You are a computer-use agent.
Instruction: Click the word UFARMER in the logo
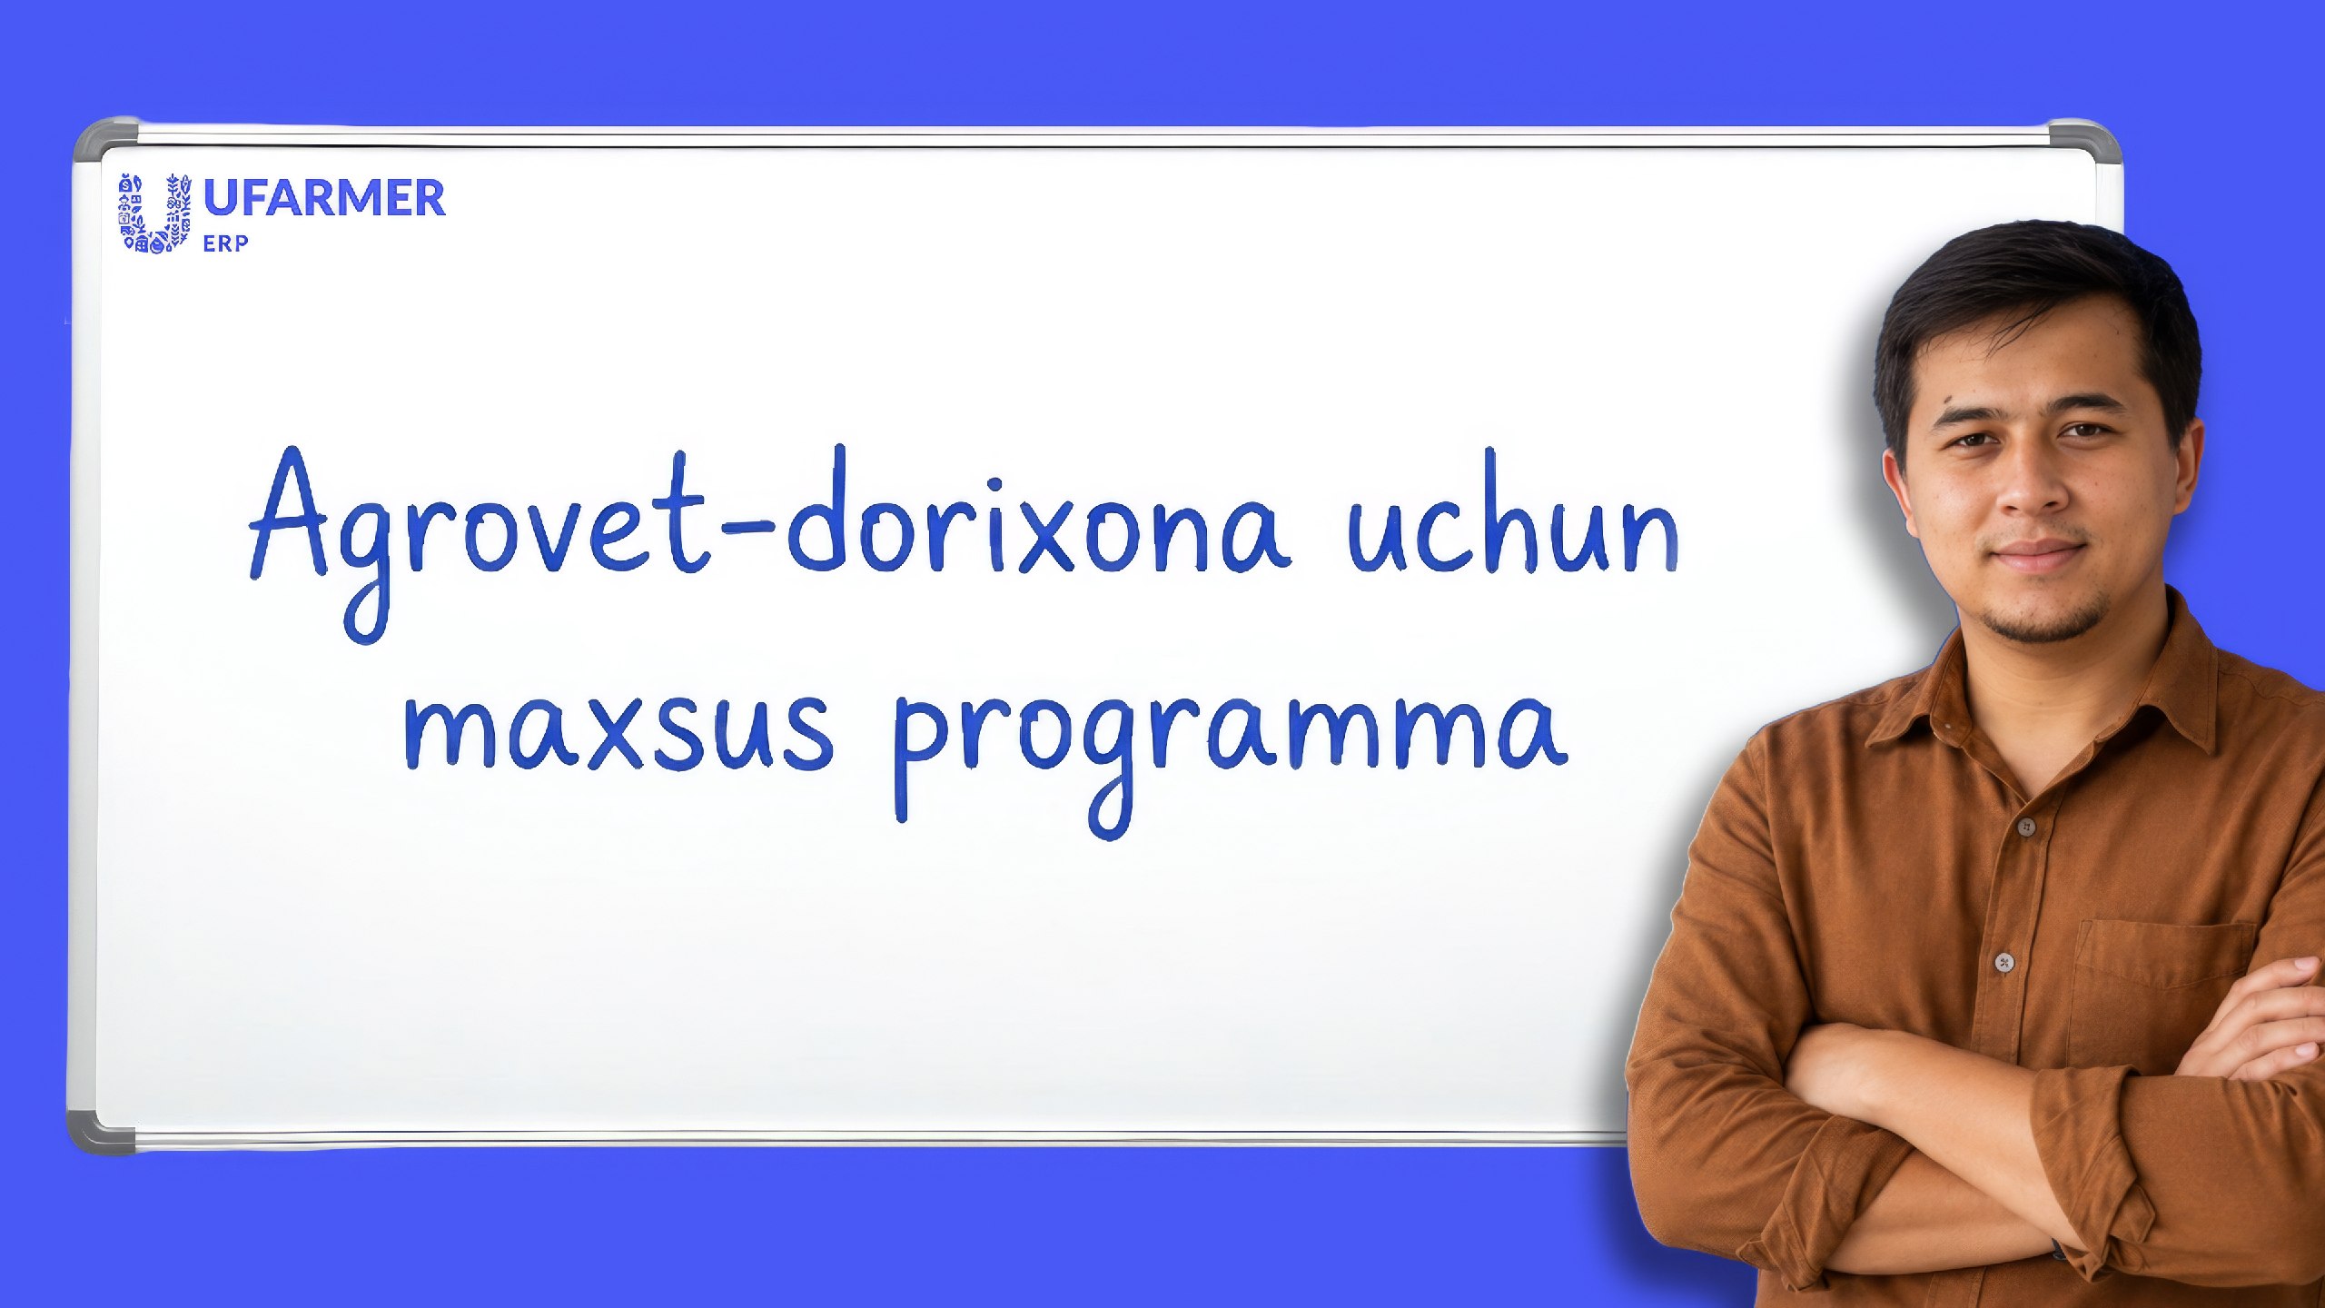point(324,198)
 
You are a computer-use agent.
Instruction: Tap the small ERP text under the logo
point(225,243)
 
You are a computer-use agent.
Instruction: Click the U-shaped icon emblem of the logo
point(155,213)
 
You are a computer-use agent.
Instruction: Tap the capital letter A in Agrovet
point(288,512)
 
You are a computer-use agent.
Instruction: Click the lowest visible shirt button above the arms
point(2004,962)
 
